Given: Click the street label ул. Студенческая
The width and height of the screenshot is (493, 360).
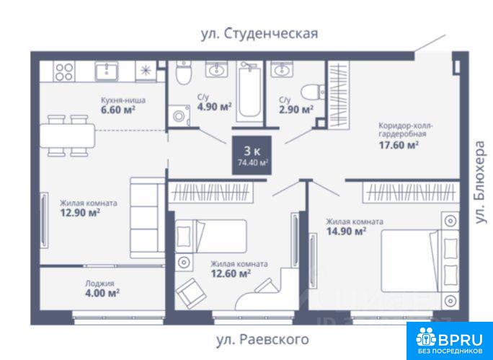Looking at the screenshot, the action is tap(259, 34).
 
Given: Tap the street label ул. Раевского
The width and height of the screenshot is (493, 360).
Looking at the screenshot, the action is tap(262, 340).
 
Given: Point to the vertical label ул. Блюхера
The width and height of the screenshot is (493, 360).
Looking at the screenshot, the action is tap(480, 183).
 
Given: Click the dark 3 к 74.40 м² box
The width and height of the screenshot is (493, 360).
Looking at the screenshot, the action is tap(252, 155).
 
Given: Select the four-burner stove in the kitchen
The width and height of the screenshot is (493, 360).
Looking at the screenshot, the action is tap(64, 71).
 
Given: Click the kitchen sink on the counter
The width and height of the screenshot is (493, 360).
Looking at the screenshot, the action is tap(107, 71).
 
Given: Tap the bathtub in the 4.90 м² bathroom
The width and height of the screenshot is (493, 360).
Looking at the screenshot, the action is tap(250, 91).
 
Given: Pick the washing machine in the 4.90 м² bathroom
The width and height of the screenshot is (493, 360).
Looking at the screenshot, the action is tap(179, 115).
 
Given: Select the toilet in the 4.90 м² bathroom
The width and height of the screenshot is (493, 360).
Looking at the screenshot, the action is tap(183, 73).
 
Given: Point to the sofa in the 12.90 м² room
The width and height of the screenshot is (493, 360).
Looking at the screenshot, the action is tap(148, 218).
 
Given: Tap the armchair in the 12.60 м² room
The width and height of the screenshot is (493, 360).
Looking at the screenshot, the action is tap(191, 293).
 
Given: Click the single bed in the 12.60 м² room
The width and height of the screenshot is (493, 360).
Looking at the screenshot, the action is tap(211, 237).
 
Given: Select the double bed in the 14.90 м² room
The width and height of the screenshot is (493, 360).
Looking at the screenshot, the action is tap(420, 261).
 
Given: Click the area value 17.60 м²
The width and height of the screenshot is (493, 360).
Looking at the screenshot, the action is tap(399, 145).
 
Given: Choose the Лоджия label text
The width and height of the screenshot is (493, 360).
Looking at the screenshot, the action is tap(100, 284).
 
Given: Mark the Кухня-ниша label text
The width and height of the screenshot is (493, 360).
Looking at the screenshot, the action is tap(123, 100).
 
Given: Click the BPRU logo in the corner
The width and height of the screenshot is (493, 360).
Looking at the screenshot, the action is tap(450, 341).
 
